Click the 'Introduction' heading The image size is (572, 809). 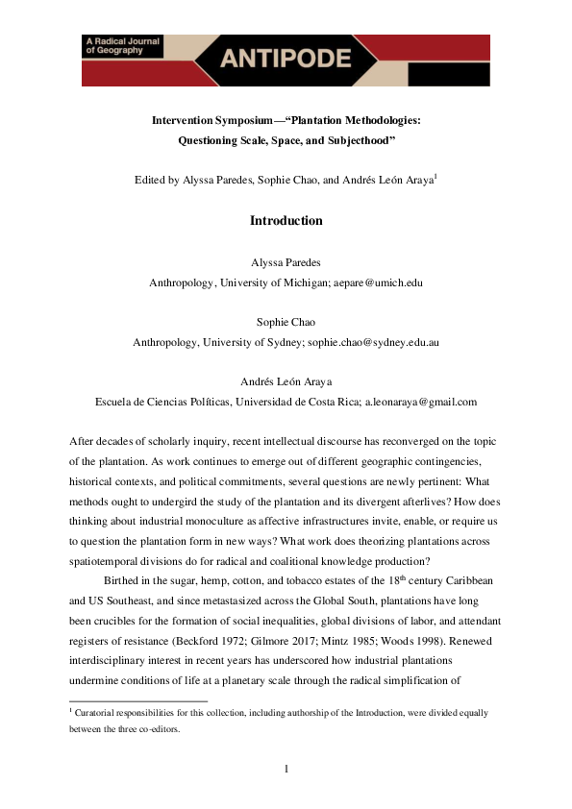[286, 221]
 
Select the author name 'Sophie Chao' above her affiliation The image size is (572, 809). [286, 323]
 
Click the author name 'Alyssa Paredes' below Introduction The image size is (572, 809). [286, 263]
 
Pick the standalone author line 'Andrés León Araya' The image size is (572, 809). [286, 381]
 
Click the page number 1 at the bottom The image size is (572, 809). [286, 768]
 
